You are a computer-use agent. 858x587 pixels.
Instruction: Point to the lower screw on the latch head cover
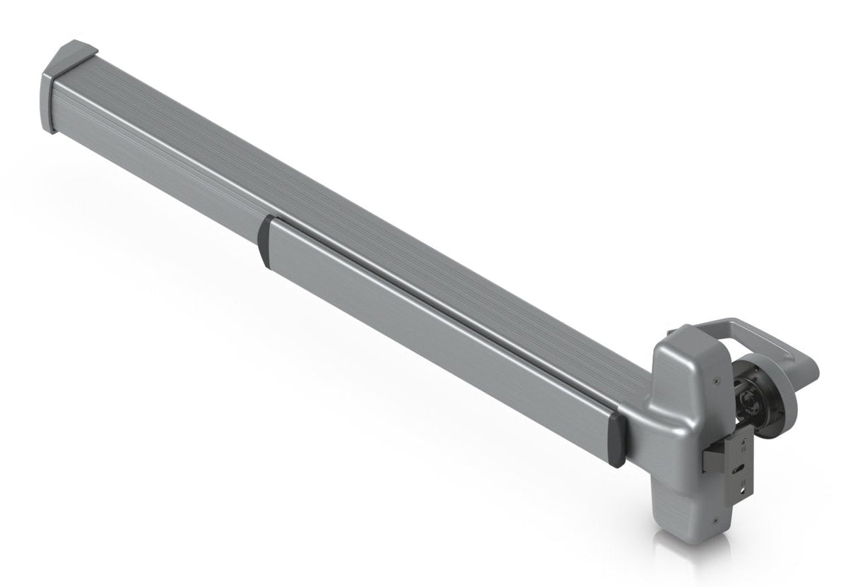click(717, 521)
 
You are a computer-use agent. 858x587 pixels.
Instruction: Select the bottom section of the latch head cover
click(682, 516)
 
